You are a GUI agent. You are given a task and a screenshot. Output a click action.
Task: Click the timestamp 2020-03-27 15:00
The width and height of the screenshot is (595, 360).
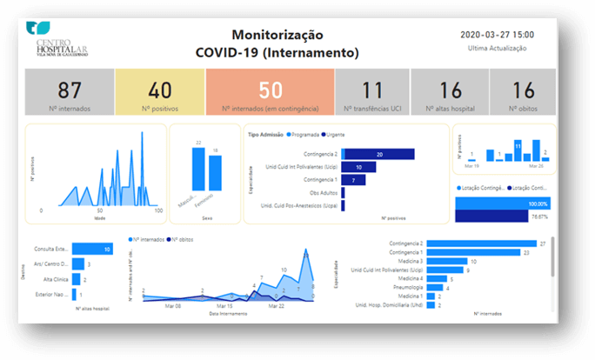[x=497, y=35]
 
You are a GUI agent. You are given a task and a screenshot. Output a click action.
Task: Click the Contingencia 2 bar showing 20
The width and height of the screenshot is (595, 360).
[x=378, y=154]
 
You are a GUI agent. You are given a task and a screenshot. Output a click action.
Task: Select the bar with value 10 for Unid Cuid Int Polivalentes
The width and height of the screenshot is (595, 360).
[x=357, y=167]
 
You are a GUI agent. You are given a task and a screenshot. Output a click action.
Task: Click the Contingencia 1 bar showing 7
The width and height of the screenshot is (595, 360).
[x=353, y=180]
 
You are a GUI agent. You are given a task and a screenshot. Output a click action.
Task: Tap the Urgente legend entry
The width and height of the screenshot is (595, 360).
[x=337, y=135]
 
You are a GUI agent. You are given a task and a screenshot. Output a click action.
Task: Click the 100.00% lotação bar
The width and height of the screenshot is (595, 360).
[x=505, y=203]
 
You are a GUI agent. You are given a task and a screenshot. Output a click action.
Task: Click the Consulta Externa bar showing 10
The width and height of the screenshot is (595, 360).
[x=92, y=250]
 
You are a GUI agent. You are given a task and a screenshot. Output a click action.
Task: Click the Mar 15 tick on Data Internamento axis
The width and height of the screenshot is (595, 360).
[x=224, y=306]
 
